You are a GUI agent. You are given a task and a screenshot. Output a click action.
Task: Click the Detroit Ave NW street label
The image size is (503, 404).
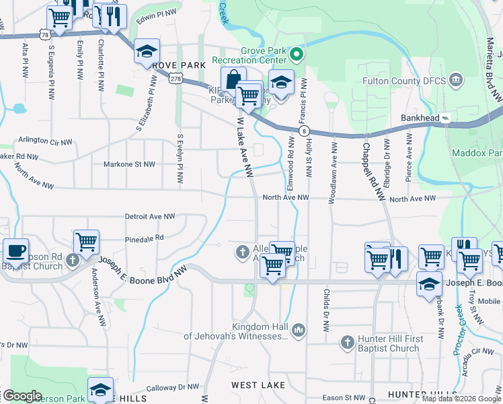[149, 217]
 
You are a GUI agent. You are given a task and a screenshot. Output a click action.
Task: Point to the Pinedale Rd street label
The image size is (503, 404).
[144, 238]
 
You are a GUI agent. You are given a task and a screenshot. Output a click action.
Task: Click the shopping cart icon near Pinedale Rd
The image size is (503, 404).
[87, 242]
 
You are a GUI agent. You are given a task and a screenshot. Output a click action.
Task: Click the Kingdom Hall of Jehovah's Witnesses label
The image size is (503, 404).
[236, 331]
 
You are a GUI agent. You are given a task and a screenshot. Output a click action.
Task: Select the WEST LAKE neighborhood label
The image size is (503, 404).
[259, 385]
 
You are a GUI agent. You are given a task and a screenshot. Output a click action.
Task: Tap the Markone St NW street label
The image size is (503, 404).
[129, 164]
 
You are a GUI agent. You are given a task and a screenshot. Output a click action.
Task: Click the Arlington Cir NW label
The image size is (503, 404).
[42, 140]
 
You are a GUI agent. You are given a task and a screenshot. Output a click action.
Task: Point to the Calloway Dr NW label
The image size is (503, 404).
[173, 387]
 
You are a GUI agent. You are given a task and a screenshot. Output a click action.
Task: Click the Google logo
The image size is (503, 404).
[22, 396]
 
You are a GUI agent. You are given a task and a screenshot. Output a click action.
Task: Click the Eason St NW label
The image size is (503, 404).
[343, 398]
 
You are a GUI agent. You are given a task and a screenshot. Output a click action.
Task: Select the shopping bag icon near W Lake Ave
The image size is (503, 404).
[233, 79]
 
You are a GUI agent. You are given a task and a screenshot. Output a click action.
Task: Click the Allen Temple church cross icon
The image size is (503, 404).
[242, 252]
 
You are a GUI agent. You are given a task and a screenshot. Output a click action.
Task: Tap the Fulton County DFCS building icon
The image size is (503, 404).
[455, 81]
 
